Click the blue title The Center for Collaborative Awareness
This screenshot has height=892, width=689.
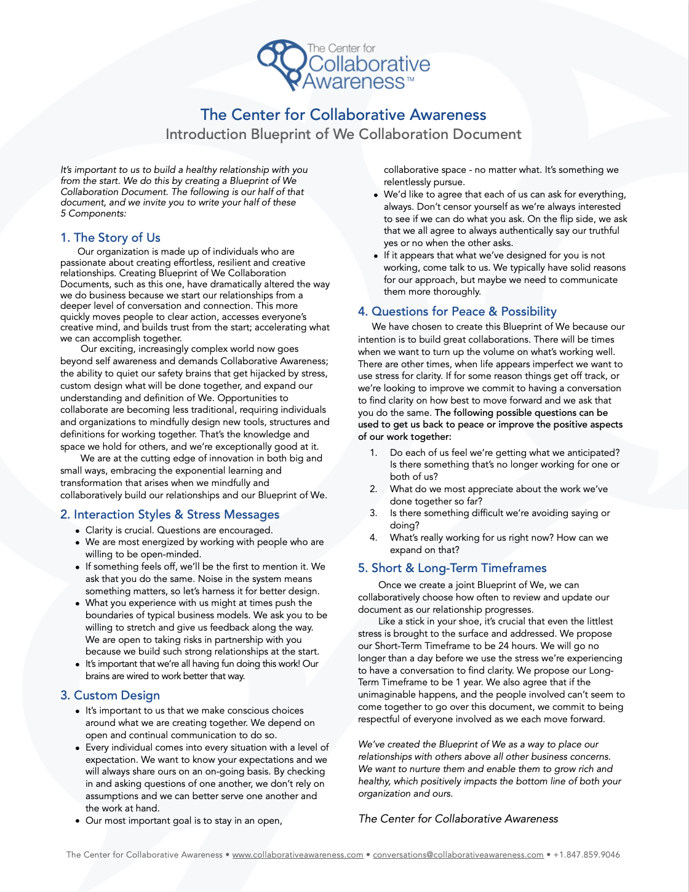point(343,115)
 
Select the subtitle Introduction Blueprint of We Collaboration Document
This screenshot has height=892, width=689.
point(343,135)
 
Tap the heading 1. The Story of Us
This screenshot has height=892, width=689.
point(110,237)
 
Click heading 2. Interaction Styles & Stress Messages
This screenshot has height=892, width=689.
point(170,514)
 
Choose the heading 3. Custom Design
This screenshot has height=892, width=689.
point(110,695)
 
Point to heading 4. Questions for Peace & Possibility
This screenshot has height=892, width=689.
point(457,311)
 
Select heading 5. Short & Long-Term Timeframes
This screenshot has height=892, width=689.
point(452,568)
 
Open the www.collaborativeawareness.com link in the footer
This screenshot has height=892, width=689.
point(297,854)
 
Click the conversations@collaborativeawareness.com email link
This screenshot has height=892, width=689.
point(458,854)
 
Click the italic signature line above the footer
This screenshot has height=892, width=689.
point(458,819)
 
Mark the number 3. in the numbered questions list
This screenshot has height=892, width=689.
point(373,513)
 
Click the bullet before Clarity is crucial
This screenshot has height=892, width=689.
point(78,531)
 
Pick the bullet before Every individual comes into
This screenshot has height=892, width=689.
point(78,748)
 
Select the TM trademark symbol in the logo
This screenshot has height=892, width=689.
point(410,79)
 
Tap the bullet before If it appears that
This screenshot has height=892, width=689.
point(376,256)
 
